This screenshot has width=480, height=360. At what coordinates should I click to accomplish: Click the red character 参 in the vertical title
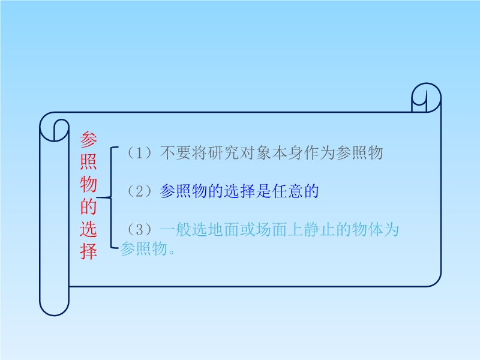88,139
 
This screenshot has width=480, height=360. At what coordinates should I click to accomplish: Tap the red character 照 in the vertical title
88,161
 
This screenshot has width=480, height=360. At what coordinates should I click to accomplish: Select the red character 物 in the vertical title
88,184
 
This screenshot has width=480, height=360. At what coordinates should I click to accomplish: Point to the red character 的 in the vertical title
88,206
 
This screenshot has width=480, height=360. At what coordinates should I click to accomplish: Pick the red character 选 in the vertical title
88,229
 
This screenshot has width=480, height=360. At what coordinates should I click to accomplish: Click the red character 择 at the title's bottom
88,251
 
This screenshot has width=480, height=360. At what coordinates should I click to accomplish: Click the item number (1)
140,152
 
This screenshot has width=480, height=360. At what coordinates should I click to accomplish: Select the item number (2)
140,191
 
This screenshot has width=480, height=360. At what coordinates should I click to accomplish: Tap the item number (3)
140,230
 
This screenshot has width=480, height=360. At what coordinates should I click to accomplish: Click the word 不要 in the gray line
176,152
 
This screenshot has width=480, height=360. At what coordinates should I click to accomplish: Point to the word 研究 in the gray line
223,152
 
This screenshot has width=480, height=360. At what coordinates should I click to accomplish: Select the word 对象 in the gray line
256,152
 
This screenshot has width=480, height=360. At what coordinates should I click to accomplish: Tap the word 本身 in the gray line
287,152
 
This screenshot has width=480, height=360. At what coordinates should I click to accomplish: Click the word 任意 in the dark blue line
287,191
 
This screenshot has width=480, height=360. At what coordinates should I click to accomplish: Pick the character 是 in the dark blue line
263,191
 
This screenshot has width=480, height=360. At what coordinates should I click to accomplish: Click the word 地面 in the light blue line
223,230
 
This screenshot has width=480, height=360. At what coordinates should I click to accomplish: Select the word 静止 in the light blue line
319,230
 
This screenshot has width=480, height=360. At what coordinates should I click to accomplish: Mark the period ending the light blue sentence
172,252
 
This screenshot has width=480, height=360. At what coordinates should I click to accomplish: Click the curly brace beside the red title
108,197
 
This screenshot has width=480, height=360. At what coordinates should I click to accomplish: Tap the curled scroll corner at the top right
426,97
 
